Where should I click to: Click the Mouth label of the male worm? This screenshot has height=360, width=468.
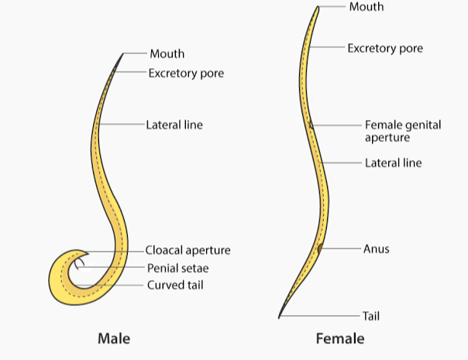tap(167, 54)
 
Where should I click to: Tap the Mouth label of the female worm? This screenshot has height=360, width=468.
tap(366, 7)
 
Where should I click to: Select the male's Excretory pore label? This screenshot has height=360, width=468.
tap(186, 74)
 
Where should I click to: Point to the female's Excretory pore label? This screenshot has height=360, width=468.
tap(385, 48)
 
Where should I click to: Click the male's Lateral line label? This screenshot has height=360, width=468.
tap(174, 124)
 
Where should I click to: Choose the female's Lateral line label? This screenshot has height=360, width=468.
tap(393, 163)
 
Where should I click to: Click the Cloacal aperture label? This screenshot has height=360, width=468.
tap(188, 251)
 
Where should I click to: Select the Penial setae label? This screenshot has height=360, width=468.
tap(178, 268)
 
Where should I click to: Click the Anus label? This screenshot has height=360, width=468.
tap(376, 249)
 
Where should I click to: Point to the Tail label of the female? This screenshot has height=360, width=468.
tap(371, 316)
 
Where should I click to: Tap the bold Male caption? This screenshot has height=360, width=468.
tap(114, 339)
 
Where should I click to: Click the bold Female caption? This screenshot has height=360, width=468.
tap(339, 339)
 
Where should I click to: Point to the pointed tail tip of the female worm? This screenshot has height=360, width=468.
tap(280, 317)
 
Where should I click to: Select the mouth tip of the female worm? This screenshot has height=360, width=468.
tap(318, 7)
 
